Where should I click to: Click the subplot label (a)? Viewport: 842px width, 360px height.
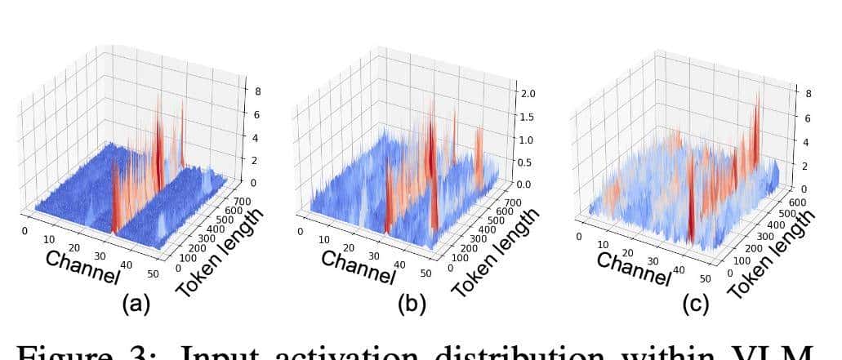136,304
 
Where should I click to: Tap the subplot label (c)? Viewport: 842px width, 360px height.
696,304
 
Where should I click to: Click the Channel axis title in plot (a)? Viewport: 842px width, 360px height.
82,268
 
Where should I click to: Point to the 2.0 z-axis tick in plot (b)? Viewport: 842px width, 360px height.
528,93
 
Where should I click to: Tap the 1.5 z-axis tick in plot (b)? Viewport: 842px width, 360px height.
528,117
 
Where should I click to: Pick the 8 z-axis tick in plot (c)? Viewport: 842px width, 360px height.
808,93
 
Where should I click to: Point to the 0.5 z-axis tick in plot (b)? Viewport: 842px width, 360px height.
528,162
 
